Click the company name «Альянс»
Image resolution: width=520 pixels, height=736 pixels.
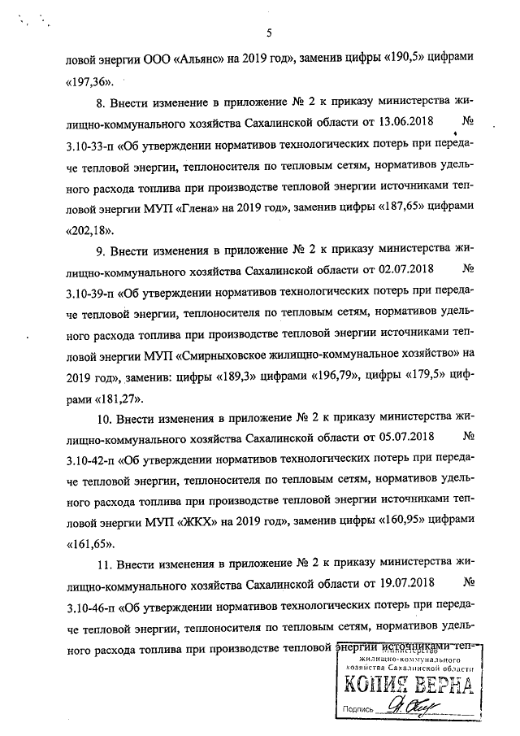(x=199, y=59)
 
